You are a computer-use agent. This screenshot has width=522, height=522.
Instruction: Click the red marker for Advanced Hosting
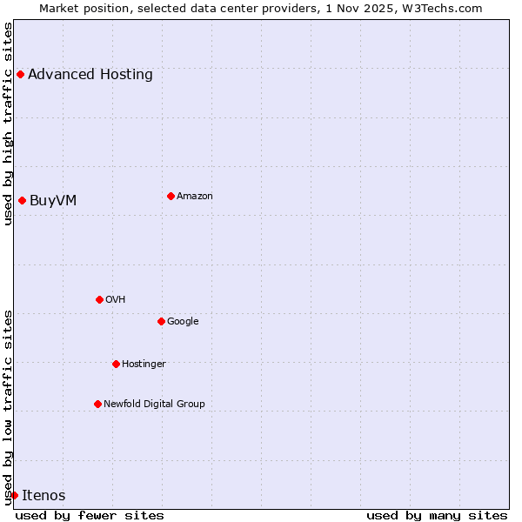(20, 74)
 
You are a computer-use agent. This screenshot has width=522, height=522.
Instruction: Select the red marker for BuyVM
(22, 200)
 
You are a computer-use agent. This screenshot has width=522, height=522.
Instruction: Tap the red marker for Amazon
(171, 196)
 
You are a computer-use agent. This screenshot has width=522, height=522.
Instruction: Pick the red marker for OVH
(99, 299)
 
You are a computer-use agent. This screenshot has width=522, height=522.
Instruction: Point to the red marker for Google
(161, 321)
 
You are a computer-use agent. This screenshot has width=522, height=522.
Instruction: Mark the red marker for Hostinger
(116, 364)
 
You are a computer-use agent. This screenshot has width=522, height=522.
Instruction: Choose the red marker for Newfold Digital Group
(97, 404)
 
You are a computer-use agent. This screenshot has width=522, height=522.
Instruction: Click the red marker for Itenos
(14, 495)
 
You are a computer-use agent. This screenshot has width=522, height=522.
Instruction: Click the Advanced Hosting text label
(90, 74)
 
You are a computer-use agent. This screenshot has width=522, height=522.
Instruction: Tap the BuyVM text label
(53, 201)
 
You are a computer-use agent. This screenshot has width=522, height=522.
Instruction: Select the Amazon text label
(195, 196)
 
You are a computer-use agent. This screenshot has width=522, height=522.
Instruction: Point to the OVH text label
(116, 299)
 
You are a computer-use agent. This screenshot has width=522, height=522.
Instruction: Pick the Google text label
(183, 321)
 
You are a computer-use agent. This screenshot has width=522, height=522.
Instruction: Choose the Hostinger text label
(144, 364)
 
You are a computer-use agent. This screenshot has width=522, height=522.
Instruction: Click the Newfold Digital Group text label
(154, 404)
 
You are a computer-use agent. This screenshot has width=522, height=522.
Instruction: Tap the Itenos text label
(43, 496)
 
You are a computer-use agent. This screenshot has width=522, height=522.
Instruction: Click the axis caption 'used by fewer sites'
(90, 515)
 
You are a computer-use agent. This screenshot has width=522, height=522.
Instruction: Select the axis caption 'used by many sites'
(437, 515)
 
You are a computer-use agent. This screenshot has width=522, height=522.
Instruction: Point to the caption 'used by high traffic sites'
(8, 124)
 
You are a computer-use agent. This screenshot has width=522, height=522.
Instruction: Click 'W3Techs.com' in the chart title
(446, 8)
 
